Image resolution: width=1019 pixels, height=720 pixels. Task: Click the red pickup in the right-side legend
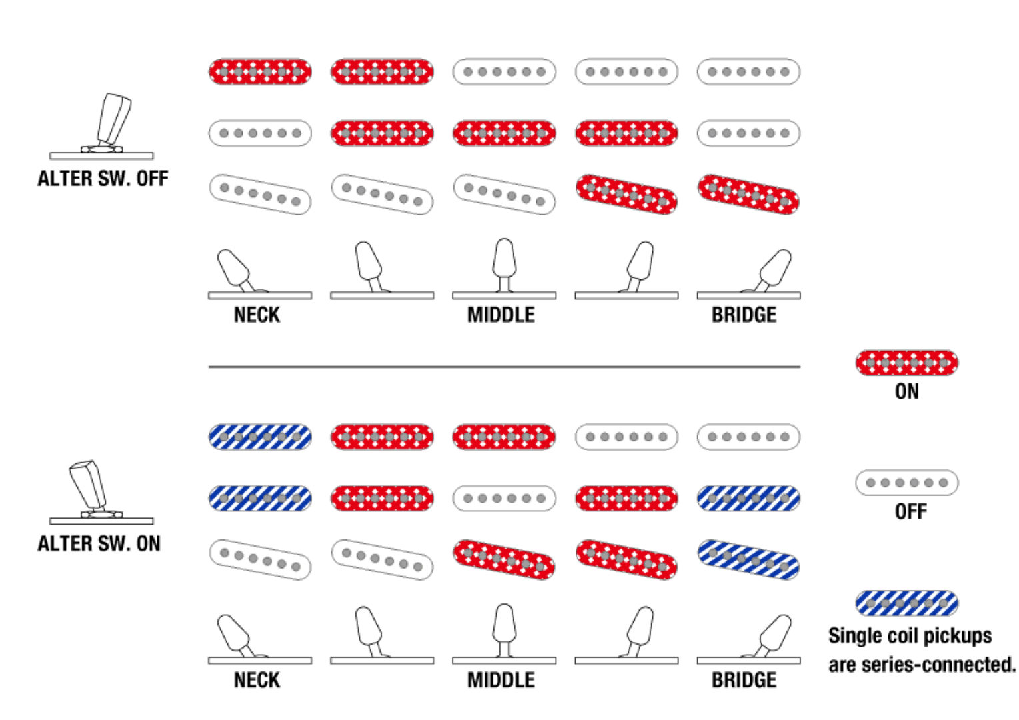(x=906, y=363)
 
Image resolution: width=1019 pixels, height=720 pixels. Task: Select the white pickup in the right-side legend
(x=906, y=483)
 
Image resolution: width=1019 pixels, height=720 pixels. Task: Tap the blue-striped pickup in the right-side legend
(x=906, y=603)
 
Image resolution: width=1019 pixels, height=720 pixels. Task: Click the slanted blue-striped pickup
(x=748, y=559)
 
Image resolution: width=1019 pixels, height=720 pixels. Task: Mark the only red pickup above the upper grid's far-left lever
(x=260, y=72)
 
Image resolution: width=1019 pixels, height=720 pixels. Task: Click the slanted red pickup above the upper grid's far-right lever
(x=748, y=194)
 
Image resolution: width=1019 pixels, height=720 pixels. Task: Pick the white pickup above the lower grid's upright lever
(x=504, y=498)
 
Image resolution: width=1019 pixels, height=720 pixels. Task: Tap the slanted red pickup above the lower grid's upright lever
(x=504, y=559)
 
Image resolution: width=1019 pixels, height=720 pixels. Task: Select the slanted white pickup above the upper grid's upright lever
(x=504, y=194)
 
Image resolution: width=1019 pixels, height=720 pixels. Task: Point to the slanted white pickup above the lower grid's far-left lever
(x=260, y=559)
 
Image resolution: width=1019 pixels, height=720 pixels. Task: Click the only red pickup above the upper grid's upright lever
(x=504, y=133)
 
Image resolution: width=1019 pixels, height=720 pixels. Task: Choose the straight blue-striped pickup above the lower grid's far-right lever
(x=748, y=498)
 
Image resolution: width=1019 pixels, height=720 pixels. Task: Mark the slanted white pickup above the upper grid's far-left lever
(x=260, y=194)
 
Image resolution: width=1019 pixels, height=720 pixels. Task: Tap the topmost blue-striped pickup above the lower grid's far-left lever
(x=260, y=437)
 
